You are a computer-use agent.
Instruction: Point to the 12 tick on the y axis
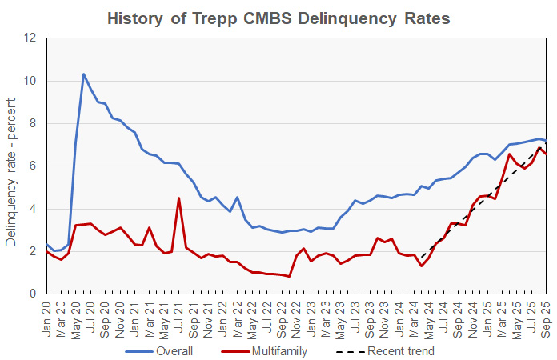[x=31, y=38]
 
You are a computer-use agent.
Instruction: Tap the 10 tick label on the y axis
[x=31, y=81]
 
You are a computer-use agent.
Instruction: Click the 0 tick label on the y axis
[x=34, y=294]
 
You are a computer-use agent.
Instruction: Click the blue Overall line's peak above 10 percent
[x=83, y=74]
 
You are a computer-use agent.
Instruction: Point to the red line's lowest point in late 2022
[x=289, y=277]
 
